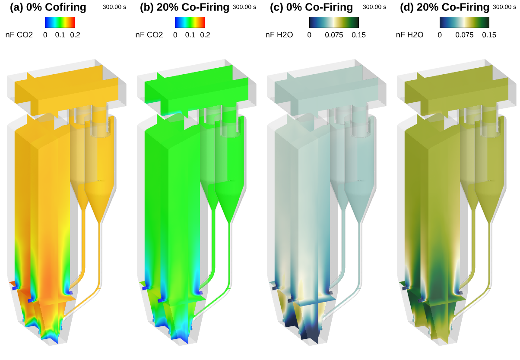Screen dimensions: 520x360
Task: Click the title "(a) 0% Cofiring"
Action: [48, 7]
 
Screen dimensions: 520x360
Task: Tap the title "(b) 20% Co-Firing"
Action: [184, 7]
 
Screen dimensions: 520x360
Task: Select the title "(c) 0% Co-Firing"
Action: [311, 7]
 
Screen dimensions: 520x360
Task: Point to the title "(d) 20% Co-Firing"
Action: [444, 7]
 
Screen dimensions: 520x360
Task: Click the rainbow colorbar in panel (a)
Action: [60, 22]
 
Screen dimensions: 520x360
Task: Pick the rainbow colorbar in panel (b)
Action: [190, 22]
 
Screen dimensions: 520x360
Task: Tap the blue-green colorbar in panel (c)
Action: [334, 22]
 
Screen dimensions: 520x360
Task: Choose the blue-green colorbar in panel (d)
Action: [464, 22]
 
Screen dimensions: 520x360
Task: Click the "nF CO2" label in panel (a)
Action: [19, 35]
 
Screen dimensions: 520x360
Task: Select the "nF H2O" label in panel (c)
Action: [279, 35]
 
